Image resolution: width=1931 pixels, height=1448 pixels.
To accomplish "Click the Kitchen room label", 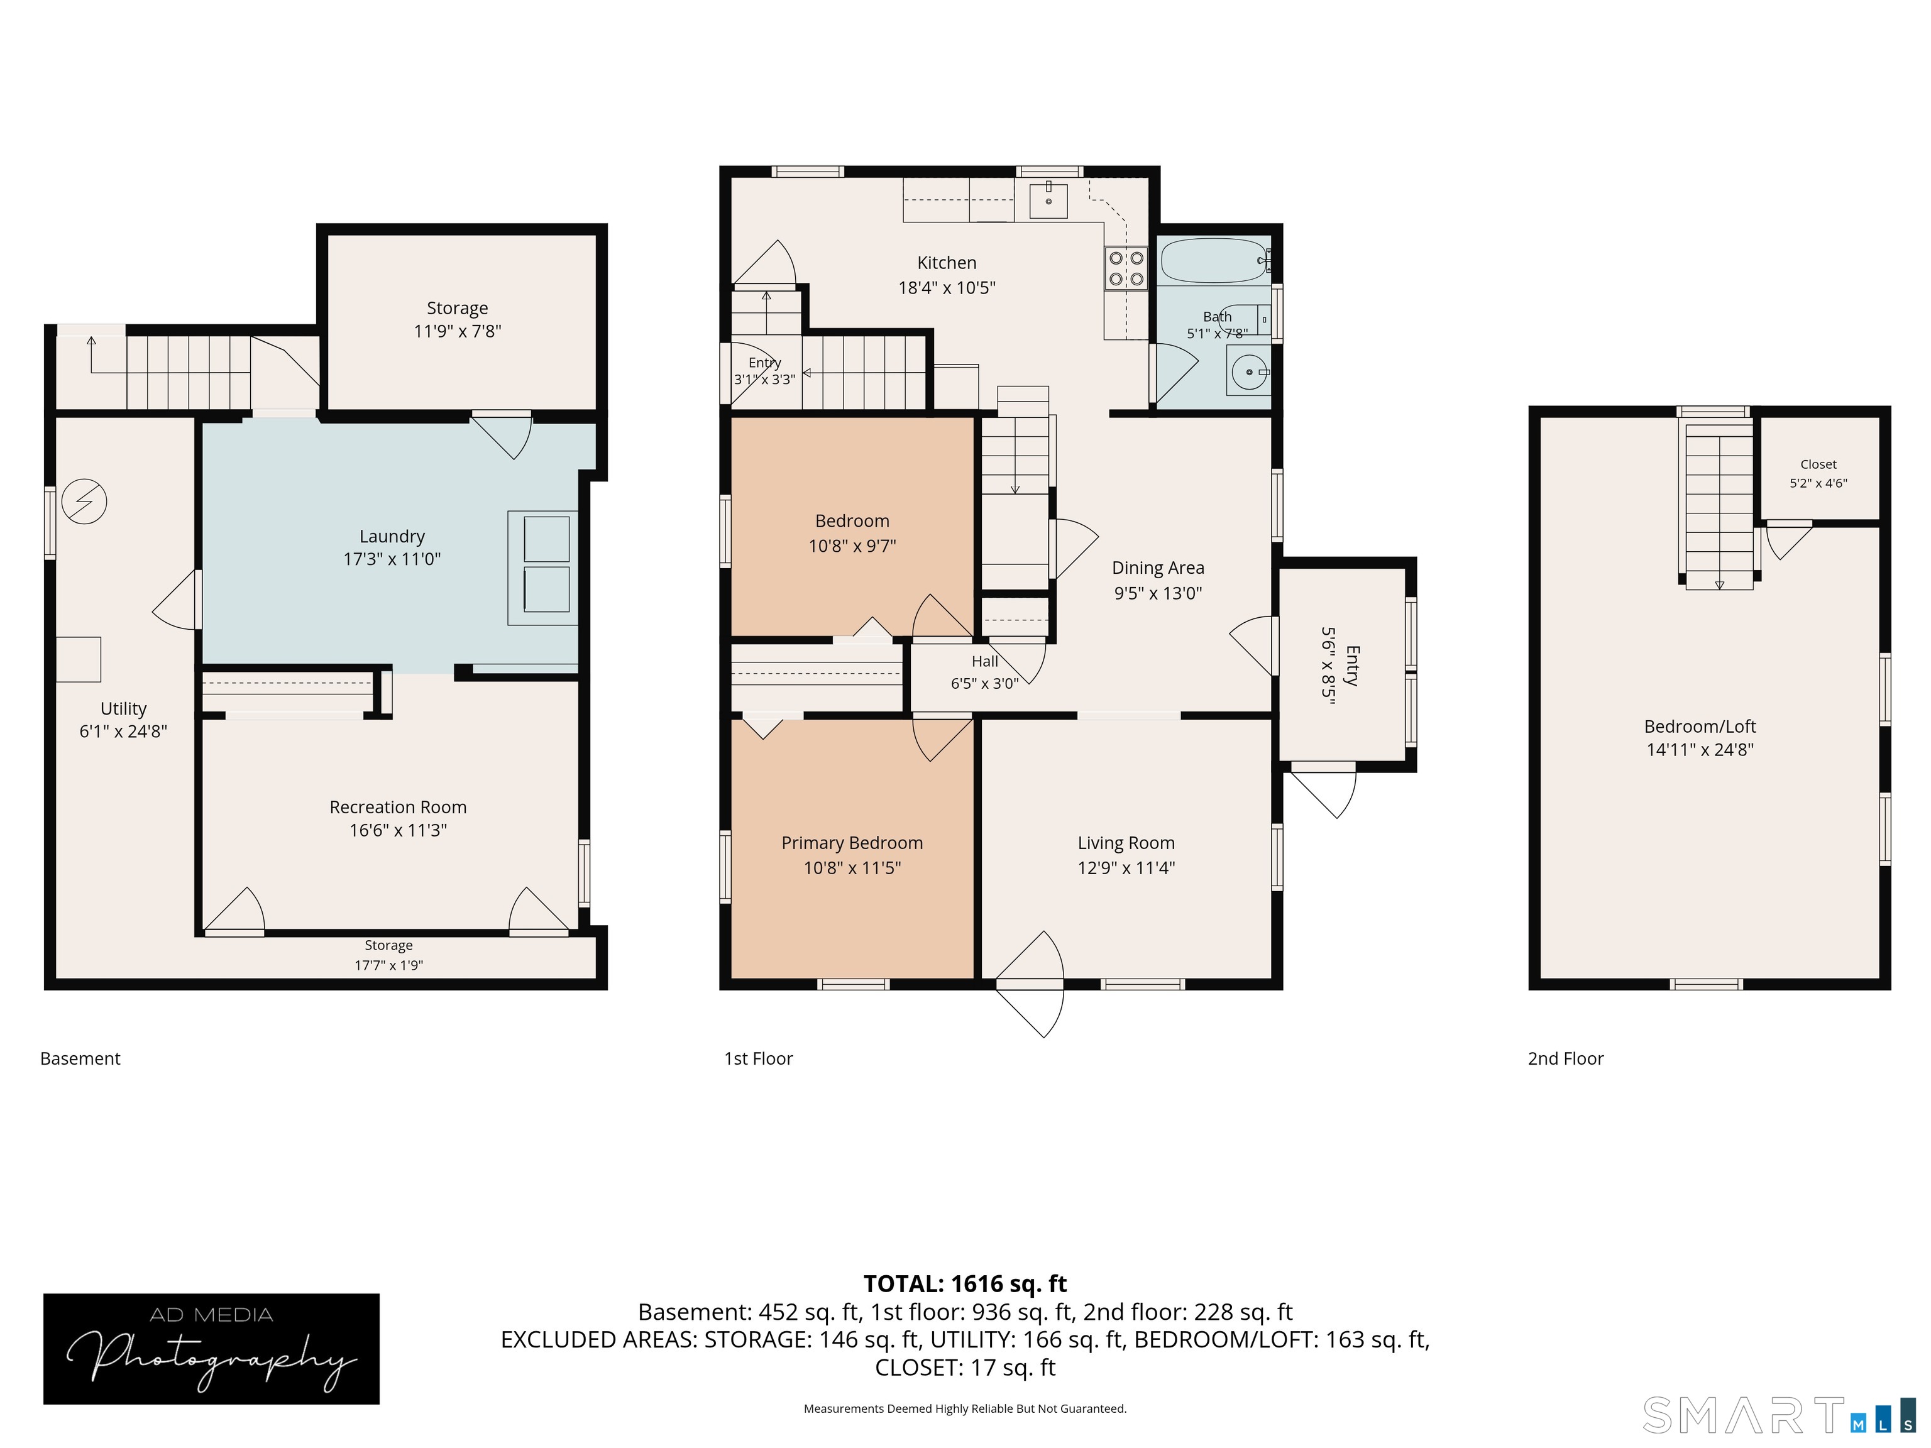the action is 946,263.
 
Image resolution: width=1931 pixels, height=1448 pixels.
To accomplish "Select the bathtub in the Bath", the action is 1214,260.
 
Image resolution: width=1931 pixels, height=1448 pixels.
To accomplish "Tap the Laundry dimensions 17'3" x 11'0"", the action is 392,559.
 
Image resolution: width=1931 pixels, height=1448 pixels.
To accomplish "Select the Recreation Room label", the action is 398,808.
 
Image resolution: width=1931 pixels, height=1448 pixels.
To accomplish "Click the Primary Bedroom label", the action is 852,843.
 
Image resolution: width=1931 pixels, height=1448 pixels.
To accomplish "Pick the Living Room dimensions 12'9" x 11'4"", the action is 1126,867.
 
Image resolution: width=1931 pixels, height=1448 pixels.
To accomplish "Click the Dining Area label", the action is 1158,568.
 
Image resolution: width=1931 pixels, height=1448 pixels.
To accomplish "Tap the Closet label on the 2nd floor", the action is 1818,464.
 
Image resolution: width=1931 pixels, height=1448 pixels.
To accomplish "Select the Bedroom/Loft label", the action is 1700,726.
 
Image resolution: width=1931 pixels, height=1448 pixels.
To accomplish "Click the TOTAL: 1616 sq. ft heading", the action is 965,1284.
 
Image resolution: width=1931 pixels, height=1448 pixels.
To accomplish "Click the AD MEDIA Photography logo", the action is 211,1349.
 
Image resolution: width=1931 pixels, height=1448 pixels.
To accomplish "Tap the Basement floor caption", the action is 80,1059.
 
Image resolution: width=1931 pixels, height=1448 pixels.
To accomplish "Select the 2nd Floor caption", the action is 1565,1059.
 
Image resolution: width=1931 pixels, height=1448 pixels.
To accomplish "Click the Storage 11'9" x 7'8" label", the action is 458,319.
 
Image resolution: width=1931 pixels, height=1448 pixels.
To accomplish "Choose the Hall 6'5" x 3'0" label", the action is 985,672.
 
